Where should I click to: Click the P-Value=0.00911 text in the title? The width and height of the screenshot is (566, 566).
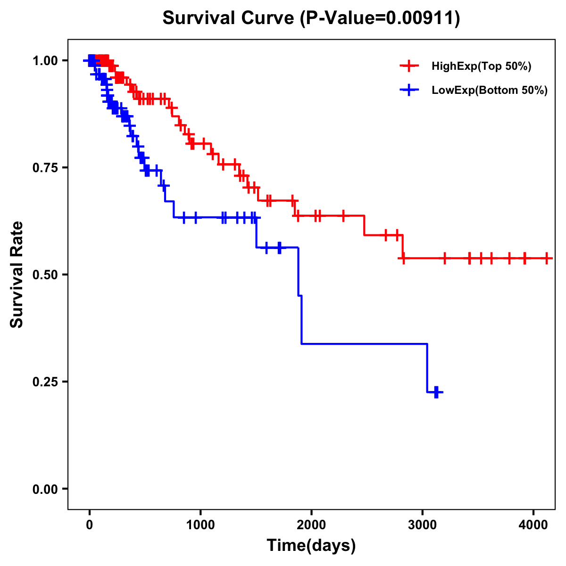382,19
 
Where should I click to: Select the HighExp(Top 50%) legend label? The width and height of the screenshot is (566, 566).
481,67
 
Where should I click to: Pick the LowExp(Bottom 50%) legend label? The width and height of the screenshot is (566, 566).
490,91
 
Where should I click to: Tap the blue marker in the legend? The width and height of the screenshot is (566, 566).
409,91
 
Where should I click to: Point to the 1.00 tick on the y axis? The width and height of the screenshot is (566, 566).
45,61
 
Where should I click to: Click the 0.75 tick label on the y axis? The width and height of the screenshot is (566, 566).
45,168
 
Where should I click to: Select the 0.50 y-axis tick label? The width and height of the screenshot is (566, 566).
45,275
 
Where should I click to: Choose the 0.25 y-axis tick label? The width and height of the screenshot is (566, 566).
45,382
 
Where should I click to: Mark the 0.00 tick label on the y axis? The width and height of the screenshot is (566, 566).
45,489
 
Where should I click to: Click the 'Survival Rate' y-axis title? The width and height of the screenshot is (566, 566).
17,275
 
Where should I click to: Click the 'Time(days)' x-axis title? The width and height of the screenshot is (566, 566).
311,546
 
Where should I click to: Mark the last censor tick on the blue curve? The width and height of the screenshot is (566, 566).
437,392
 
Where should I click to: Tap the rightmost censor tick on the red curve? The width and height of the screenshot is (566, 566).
547,258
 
